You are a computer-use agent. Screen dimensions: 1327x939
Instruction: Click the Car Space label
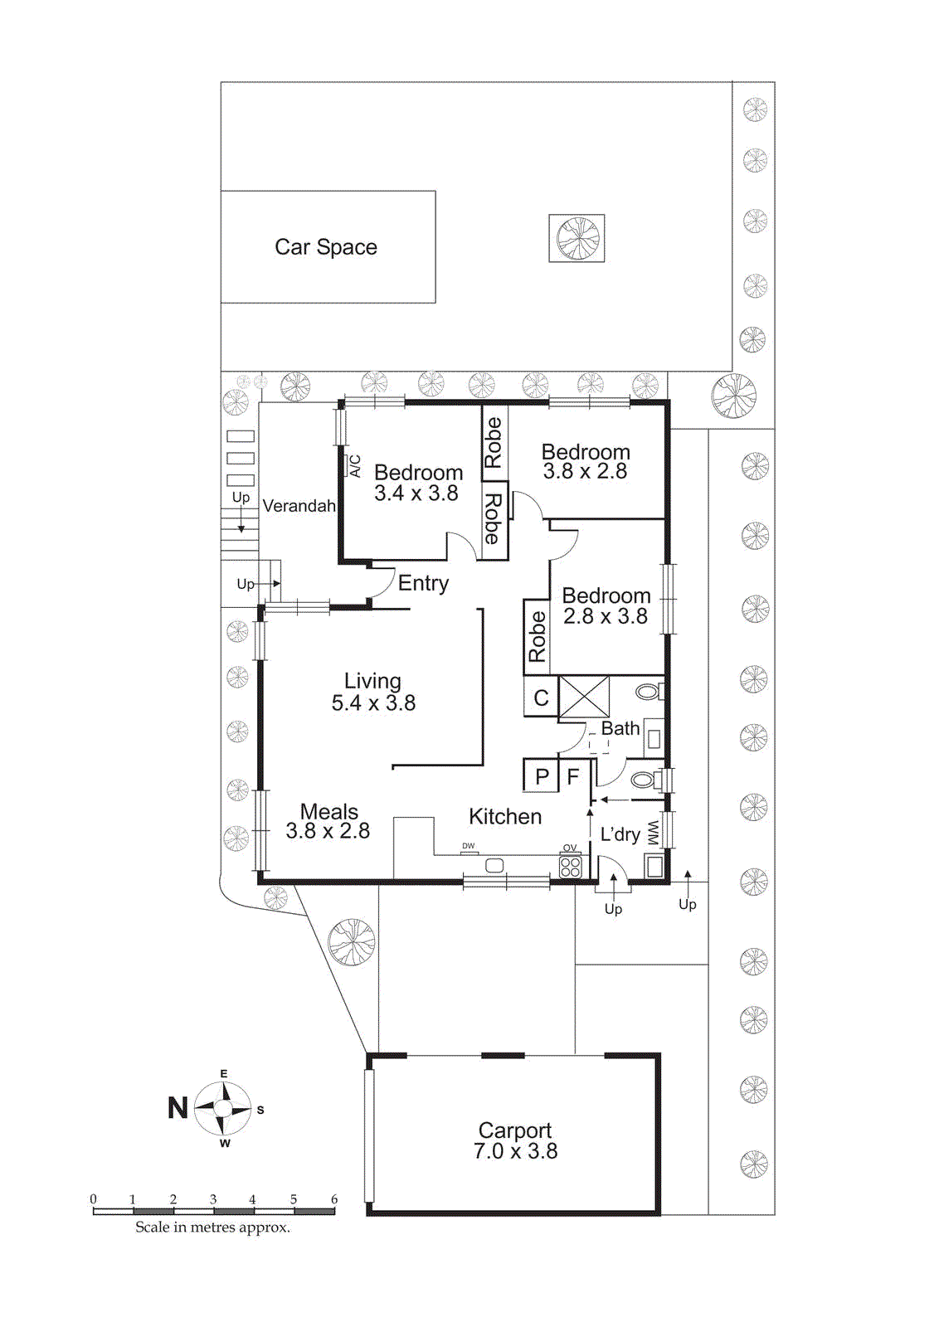tap(326, 247)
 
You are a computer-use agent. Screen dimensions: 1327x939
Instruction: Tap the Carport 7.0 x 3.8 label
tap(515, 1141)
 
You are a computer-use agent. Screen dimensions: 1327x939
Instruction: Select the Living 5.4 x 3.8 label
tap(373, 692)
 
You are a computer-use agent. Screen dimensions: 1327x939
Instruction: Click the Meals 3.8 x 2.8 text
tap(328, 821)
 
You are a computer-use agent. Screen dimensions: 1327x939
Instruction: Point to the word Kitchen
tap(505, 817)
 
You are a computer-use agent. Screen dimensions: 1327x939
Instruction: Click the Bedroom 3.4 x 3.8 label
tap(417, 483)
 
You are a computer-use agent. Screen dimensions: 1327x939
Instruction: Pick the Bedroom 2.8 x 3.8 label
tap(606, 606)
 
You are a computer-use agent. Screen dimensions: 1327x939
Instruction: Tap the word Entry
tap(423, 583)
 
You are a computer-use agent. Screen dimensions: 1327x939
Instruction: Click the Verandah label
tap(299, 506)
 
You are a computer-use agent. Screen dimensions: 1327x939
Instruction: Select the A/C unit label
tap(355, 465)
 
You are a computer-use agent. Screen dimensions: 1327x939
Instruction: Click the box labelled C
tap(541, 698)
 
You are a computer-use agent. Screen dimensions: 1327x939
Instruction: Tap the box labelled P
tap(542, 777)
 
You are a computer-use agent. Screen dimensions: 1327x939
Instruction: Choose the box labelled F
tap(572, 777)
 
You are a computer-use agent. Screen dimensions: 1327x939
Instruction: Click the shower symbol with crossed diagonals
tap(584, 697)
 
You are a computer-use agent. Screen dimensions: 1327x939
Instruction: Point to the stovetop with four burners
tap(571, 868)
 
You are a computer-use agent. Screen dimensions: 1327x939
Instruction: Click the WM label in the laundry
tap(653, 833)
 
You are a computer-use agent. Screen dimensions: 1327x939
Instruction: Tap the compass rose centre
tap(223, 1109)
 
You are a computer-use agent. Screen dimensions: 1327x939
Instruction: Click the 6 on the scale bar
tap(334, 1199)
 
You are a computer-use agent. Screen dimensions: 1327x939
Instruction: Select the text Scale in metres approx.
tap(213, 1227)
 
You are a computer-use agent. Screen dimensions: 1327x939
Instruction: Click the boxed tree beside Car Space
tap(577, 239)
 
